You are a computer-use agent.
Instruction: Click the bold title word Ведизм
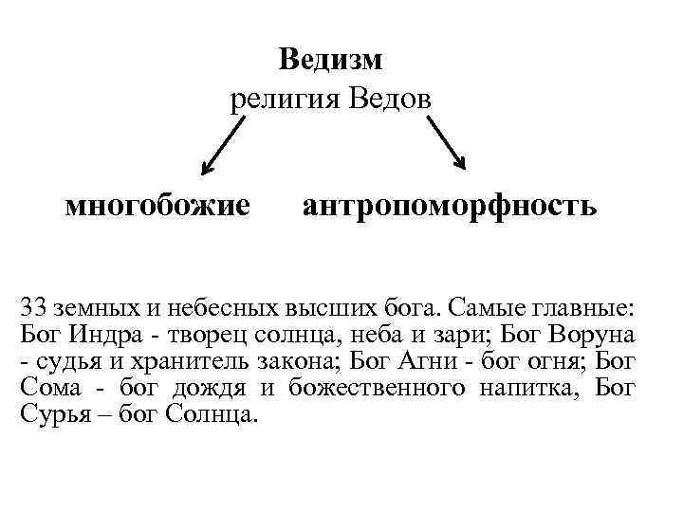(330, 61)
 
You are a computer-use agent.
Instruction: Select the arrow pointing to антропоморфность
(445, 142)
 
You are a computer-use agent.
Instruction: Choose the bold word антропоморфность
(450, 206)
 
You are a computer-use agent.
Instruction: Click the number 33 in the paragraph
(33, 308)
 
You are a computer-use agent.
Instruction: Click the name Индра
(102, 335)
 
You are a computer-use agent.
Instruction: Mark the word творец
(202, 335)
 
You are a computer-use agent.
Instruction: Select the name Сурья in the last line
(49, 414)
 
